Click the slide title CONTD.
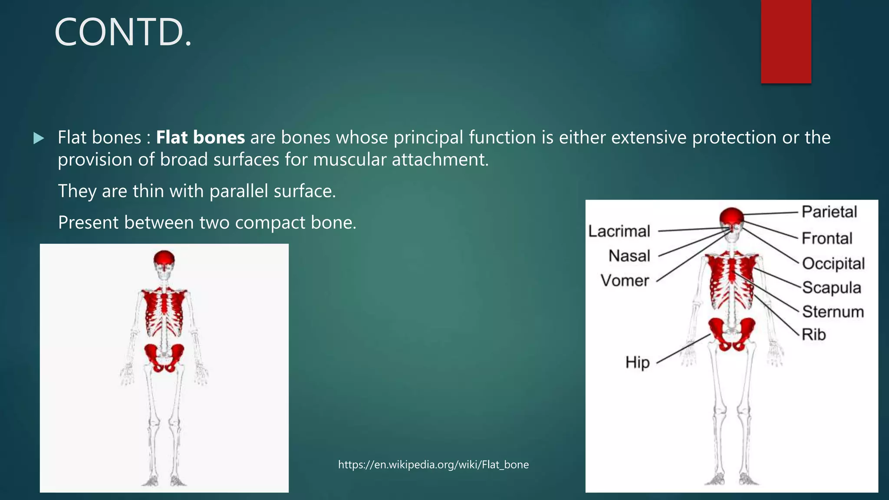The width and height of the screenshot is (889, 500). [123, 33]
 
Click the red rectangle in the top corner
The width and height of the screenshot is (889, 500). [786, 41]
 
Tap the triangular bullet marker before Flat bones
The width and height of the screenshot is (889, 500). [39, 138]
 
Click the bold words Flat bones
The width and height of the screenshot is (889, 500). [200, 138]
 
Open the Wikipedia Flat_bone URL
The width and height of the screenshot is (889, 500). [433, 464]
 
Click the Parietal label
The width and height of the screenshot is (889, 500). [829, 212]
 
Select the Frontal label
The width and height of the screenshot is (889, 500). [827, 238]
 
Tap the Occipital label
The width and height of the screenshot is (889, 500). [833, 263]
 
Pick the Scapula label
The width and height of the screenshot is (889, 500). [831, 287]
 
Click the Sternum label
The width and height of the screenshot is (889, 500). [833, 312]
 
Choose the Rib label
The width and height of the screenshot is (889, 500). [813, 335]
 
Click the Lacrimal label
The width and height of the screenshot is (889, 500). [619, 231]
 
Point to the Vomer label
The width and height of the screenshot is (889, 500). [625, 281]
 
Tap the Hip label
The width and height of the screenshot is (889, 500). [637, 362]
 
